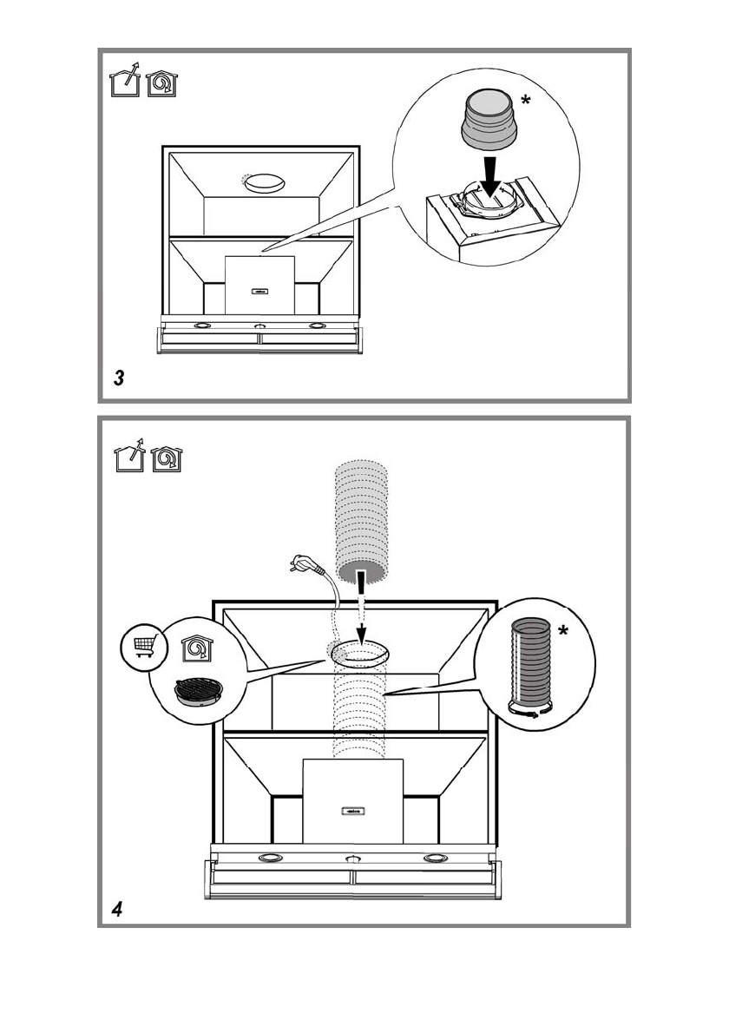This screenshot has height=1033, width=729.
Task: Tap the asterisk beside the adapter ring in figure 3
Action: (525, 102)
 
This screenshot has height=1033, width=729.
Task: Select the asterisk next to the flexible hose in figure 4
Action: (563, 632)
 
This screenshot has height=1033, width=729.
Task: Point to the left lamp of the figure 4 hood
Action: (270, 859)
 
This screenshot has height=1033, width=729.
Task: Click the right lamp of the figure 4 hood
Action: (434, 859)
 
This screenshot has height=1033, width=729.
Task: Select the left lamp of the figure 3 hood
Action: (202, 326)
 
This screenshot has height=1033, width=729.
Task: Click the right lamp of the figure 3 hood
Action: (316, 326)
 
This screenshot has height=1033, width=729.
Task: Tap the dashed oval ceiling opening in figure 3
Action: (264, 183)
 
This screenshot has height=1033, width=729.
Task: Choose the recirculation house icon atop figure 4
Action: (166, 458)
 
